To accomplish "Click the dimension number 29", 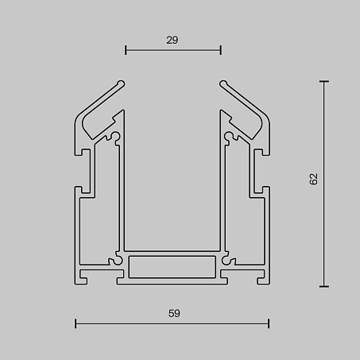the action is [x=172, y=41].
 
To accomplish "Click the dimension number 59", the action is [x=174, y=313].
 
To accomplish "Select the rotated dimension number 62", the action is [x=313, y=179].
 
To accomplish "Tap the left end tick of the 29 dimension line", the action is [x=126, y=50].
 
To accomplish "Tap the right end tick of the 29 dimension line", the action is [x=221, y=50].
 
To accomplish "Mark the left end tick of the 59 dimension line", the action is [x=75, y=323].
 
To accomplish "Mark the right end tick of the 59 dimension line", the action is [x=269, y=323].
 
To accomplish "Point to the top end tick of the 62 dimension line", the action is [x=324, y=82].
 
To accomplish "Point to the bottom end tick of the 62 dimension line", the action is [x=324, y=286].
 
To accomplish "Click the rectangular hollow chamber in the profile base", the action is [x=172, y=267].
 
